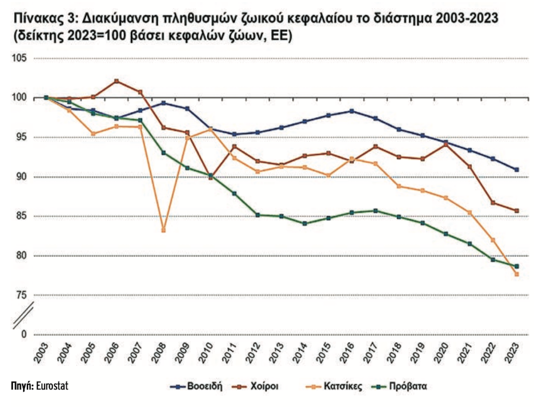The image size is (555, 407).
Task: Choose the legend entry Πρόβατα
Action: (407, 386)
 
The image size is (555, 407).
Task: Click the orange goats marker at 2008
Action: (163, 230)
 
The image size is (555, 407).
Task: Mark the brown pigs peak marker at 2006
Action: (117, 81)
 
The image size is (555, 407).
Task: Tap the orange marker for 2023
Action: (517, 275)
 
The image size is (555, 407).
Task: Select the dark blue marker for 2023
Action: (517, 169)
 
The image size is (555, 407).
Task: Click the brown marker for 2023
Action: (517, 211)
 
